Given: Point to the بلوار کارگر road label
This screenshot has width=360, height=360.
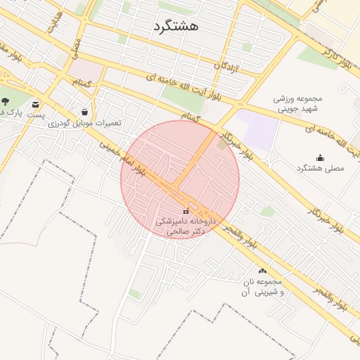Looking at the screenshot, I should (x=336, y=51).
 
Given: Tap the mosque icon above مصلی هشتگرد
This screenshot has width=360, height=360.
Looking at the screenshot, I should (x=321, y=157).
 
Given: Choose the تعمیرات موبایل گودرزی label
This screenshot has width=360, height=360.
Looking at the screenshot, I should (x=85, y=123).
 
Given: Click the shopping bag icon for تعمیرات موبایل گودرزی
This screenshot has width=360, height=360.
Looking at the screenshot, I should (x=85, y=112).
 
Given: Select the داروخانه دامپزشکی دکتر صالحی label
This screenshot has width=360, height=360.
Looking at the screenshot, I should (x=186, y=226).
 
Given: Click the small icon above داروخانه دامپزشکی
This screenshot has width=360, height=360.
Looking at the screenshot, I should (x=186, y=211).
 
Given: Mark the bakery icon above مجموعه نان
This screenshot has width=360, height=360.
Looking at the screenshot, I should (x=263, y=271).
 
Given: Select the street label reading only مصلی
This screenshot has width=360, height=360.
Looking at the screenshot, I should (x=75, y=48).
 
